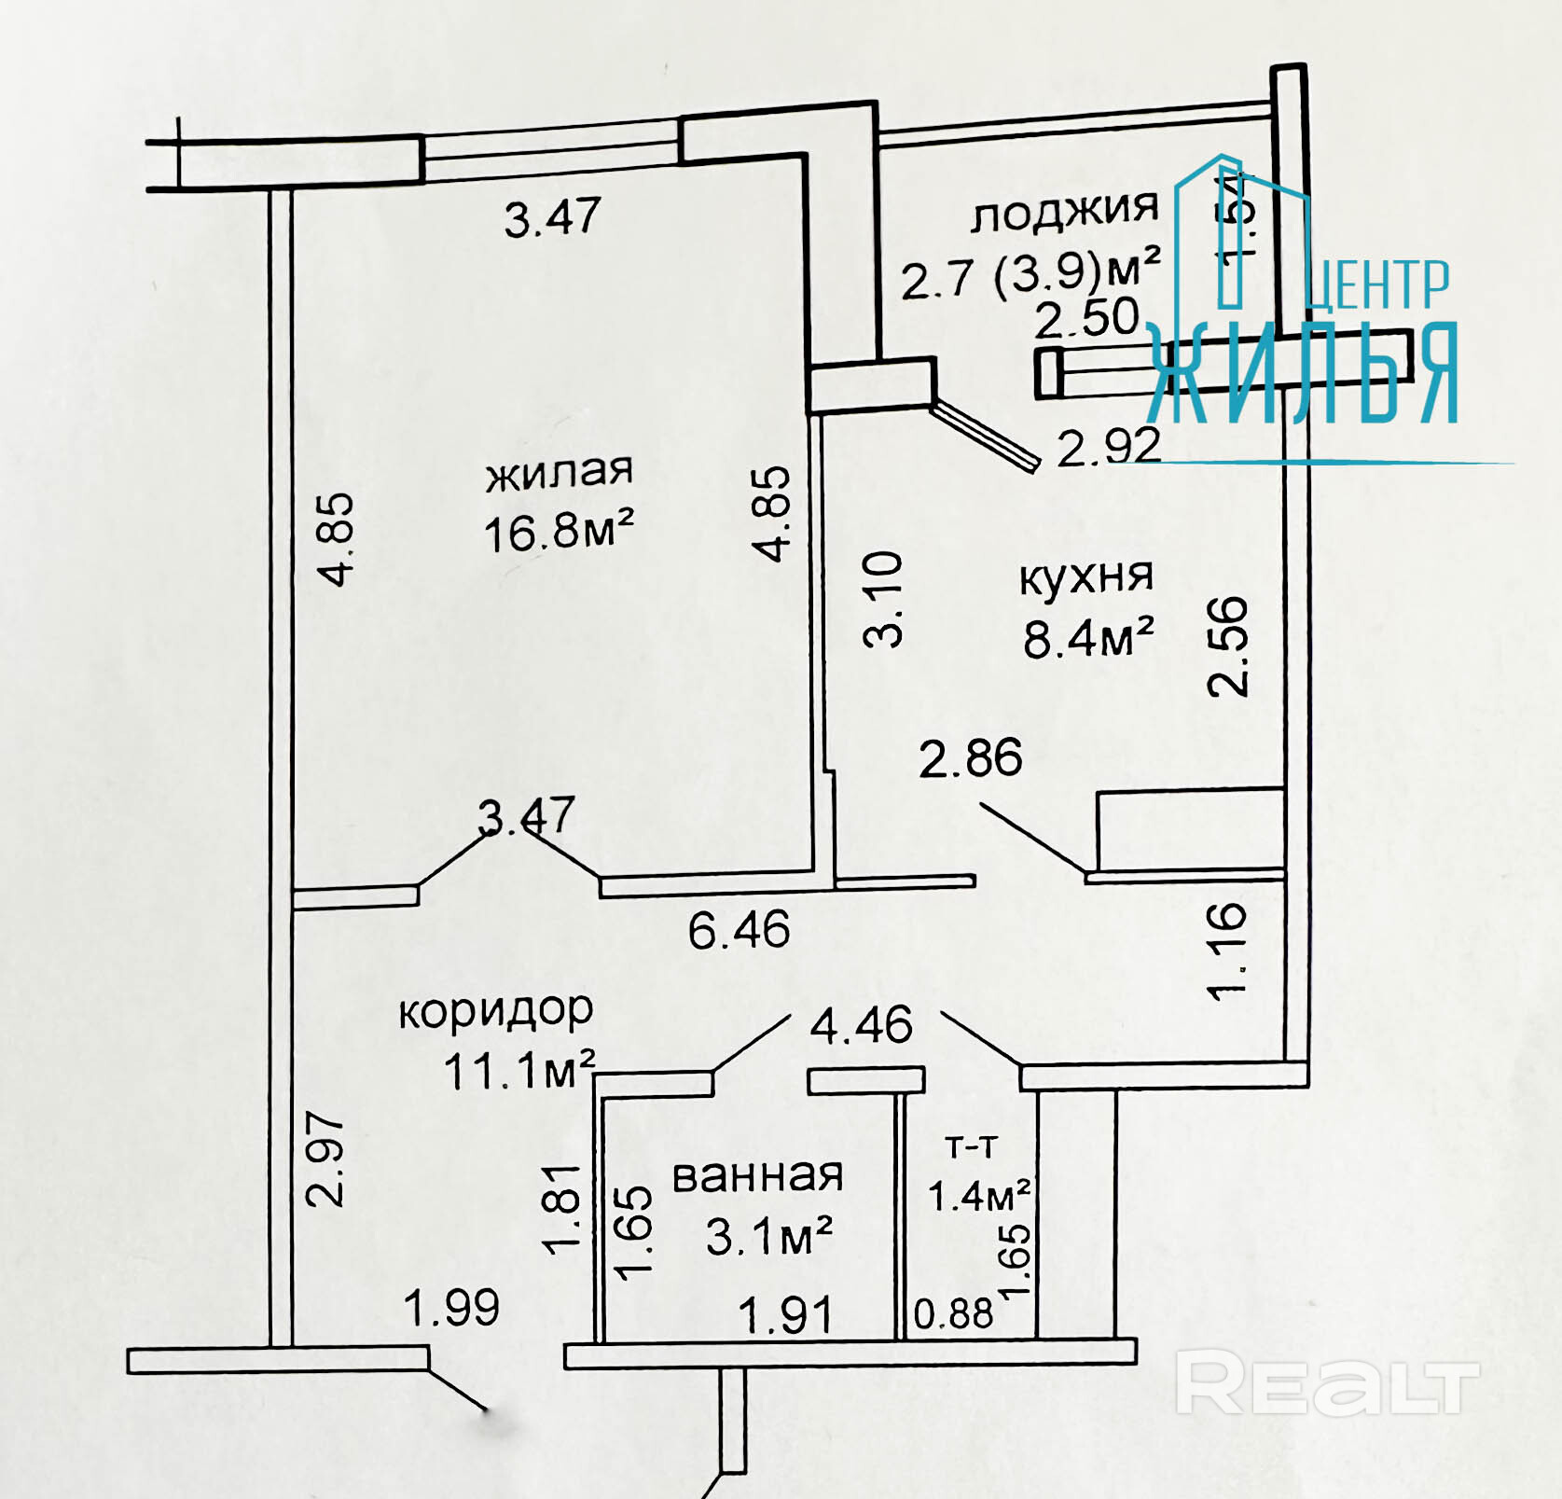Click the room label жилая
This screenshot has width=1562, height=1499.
560,472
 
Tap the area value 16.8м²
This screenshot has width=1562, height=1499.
560,533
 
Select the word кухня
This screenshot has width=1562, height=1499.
1086,577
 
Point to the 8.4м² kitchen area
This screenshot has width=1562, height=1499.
1088,639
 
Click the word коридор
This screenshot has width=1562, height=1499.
496,1011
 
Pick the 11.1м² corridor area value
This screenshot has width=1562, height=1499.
518,1071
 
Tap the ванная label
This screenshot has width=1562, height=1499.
757,1176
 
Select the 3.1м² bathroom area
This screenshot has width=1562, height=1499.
768,1238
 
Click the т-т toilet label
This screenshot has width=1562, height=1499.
972,1145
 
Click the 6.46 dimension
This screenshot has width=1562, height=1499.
739,930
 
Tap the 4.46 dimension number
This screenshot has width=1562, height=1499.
861,1025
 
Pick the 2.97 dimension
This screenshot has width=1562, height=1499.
326,1159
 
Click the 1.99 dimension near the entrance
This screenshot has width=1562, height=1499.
451,1308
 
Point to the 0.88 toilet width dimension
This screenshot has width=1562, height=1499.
953,1314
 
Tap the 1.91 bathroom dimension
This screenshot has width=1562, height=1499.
785,1316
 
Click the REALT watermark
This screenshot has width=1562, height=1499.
1326,1386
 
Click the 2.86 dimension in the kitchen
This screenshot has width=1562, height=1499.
970,758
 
